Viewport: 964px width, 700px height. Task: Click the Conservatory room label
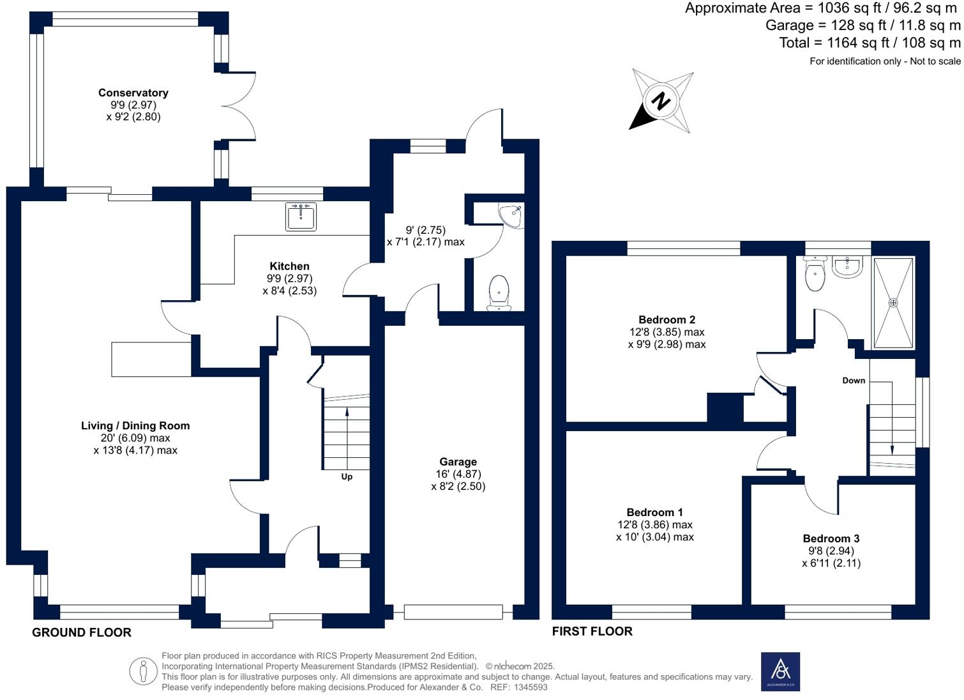tap(133, 93)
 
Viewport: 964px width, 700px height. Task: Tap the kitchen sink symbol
tap(300, 217)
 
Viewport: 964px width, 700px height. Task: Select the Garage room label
tap(458, 462)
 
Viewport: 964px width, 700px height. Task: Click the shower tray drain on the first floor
tap(893, 303)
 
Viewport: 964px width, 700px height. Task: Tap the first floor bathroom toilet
tap(815, 275)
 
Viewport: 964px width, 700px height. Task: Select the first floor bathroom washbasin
tap(847, 266)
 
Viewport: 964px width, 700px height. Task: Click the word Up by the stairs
tap(347, 476)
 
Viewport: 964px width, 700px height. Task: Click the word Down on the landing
tap(854, 381)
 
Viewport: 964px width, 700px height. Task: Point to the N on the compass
tap(661, 101)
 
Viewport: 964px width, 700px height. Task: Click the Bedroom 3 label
tap(831, 538)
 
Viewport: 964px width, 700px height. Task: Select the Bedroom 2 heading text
tap(667, 320)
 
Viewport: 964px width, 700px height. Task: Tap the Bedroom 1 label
tap(654, 512)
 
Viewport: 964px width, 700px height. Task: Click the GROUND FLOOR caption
tap(82, 632)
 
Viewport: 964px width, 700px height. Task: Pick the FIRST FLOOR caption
tap(592, 631)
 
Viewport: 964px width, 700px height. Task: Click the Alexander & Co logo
tap(780, 671)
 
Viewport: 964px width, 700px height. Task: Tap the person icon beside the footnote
tap(143, 671)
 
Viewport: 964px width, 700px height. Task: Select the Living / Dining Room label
tap(135, 426)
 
